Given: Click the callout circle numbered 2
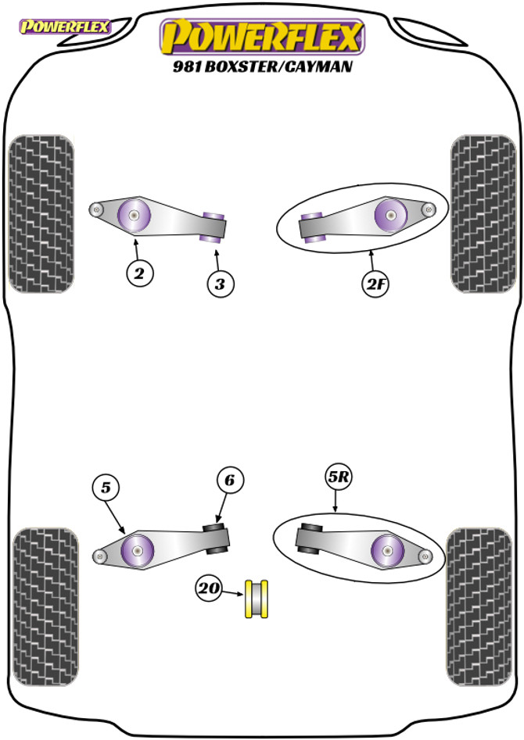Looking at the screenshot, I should tap(139, 273).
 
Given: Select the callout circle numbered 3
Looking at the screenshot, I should tap(221, 284).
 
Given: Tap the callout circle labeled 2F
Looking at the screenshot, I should tap(375, 285).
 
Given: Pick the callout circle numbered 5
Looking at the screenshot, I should tap(106, 488).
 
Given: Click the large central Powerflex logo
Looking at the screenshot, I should tap(263, 36).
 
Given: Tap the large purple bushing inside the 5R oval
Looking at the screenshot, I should tap(386, 552).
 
